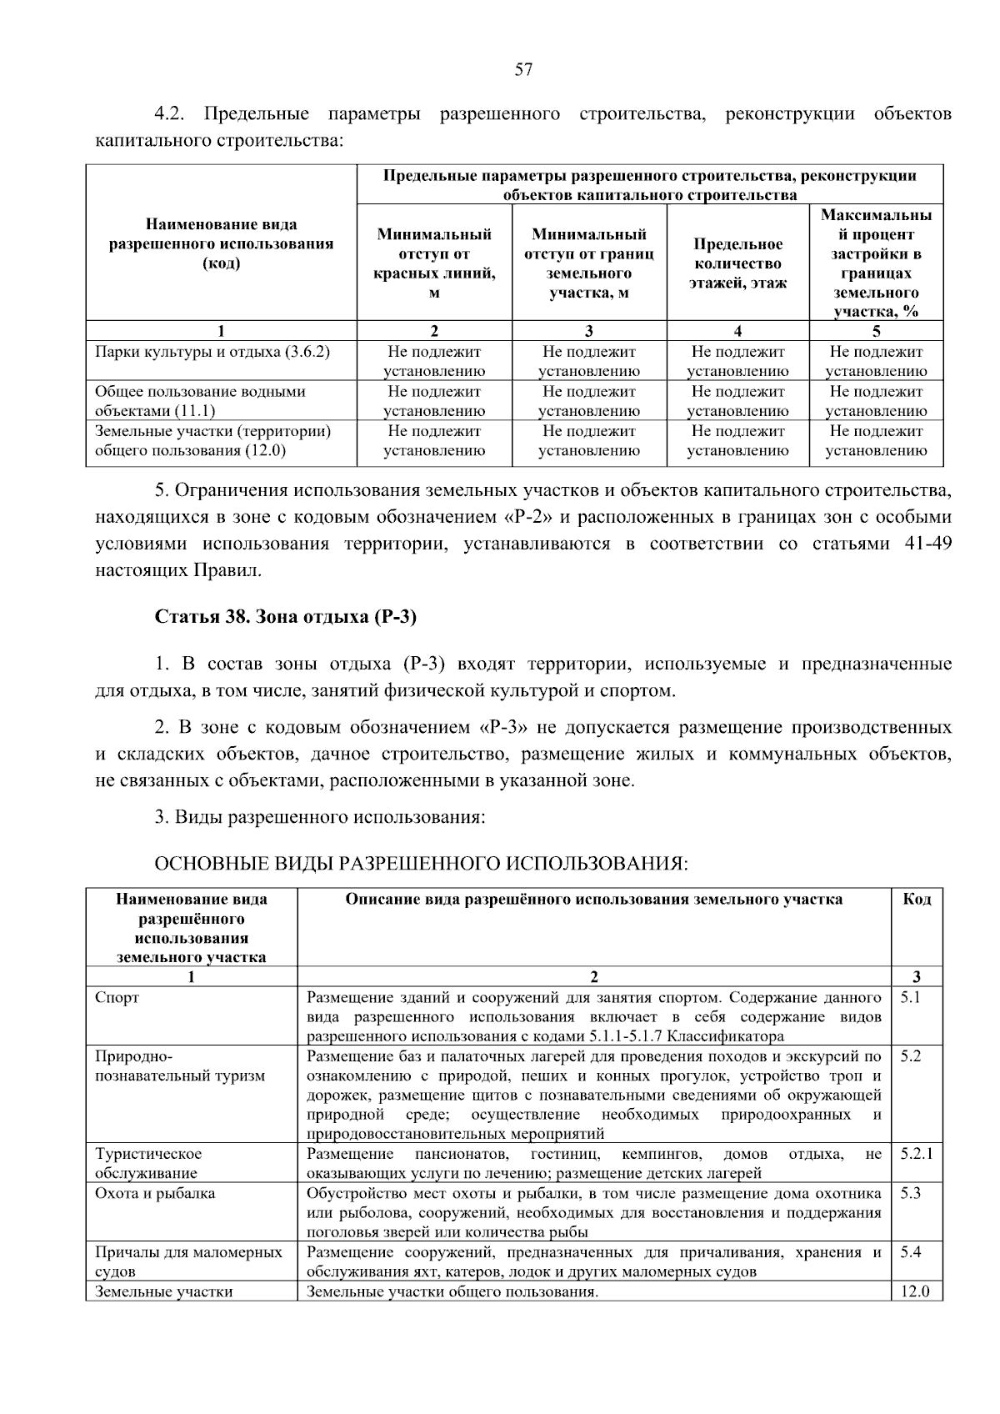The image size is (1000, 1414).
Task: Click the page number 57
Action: pyautogui.click(x=522, y=70)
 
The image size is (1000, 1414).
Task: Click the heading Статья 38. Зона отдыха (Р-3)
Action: pyautogui.click(x=285, y=617)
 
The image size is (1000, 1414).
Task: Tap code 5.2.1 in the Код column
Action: pyautogui.click(x=916, y=1154)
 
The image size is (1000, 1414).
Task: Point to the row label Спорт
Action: pyautogui.click(x=117, y=997)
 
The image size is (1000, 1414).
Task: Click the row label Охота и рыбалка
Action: pyautogui.click(x=155, y=1193)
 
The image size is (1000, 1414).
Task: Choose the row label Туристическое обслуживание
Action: pyautogui.click(x=148, y=1163)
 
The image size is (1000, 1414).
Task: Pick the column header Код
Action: pyautogui.click(x=917, y=899)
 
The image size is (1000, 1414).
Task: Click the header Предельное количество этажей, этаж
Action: pyautogui.click(x=737, y=263)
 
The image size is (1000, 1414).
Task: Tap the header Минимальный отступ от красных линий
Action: pyautogui.click(x=434, y=263)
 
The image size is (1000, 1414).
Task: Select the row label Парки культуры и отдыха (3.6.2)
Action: pyautogui.click(x=212, y=352)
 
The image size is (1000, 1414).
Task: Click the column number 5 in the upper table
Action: pyautogui.click(x=876, y=331)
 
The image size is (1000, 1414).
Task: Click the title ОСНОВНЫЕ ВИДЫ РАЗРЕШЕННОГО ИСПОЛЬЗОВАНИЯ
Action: pyautogui.click(x=422, y=863)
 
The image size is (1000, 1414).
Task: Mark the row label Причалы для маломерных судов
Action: pyautogui.click(x=188, y=1261)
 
